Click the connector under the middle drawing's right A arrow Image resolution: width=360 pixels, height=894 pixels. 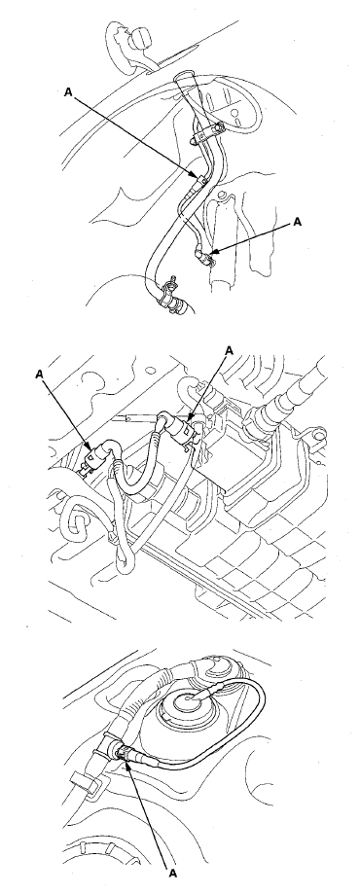(x=196, y=425)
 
